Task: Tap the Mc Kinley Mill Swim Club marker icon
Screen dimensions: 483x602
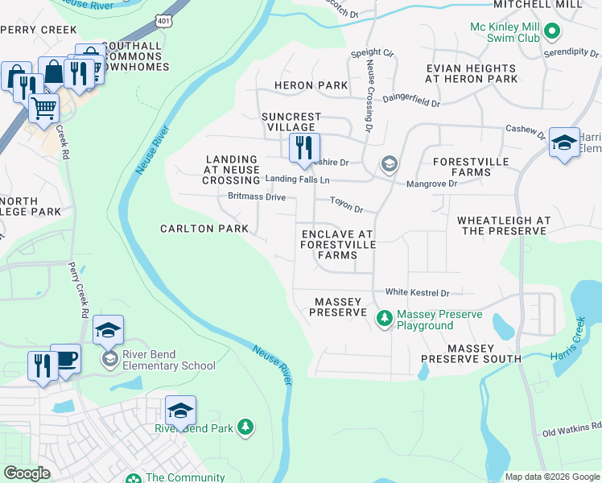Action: [x=551, y=32]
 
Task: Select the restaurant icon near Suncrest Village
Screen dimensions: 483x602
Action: [x=304, y=147]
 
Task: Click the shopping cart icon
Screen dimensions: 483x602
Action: [x=43, y=107]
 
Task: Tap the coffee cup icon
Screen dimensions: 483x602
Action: [x=66, y=359]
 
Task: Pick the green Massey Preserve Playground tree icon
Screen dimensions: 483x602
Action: [x=385, y=320]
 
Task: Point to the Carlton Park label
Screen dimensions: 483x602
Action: [x=204, y=229]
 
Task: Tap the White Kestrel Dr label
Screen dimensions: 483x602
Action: [x=416, y=293]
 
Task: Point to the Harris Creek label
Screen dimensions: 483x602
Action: [x=569, y=337]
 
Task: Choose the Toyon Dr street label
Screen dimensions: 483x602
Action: [x=347, y=208]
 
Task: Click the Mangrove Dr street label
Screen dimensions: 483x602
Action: [x=431, y=184]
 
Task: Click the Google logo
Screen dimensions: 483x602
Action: [x=27, y=473]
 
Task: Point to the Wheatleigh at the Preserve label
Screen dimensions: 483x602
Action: [x=504, y=225]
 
